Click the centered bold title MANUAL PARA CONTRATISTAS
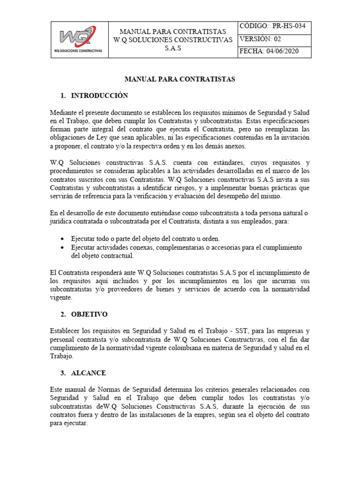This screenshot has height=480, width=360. coord(180,79)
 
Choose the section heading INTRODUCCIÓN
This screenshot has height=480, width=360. coord(99,96)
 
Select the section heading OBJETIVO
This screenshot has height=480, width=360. coord(90,314)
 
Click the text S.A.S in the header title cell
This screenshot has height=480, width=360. coord(173,49)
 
